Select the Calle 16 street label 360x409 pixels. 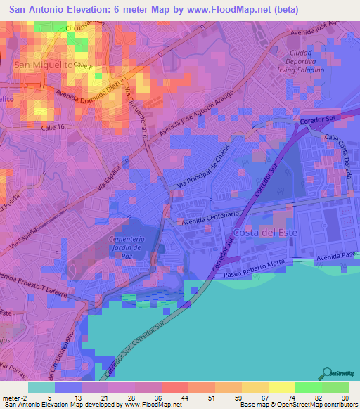(53, 126)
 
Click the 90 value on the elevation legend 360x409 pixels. (345, 397)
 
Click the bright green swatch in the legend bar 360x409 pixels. (309, 387)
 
